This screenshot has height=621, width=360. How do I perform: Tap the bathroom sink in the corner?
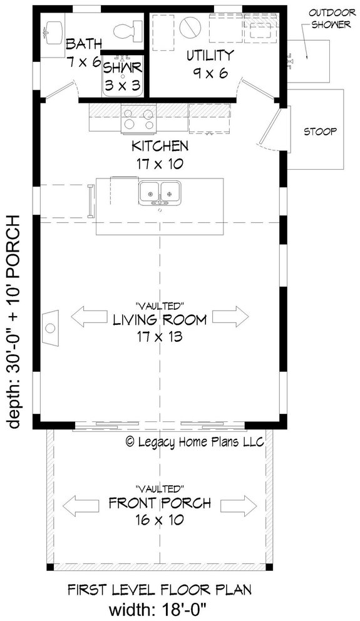coord(54,29)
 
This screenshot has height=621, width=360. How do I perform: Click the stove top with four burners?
coord(138,119)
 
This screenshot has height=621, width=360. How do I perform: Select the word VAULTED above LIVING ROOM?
coord(160,306)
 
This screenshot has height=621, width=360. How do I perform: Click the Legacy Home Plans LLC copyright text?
coord(195,441)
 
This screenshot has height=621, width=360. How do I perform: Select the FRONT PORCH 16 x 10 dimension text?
coord(160,510)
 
